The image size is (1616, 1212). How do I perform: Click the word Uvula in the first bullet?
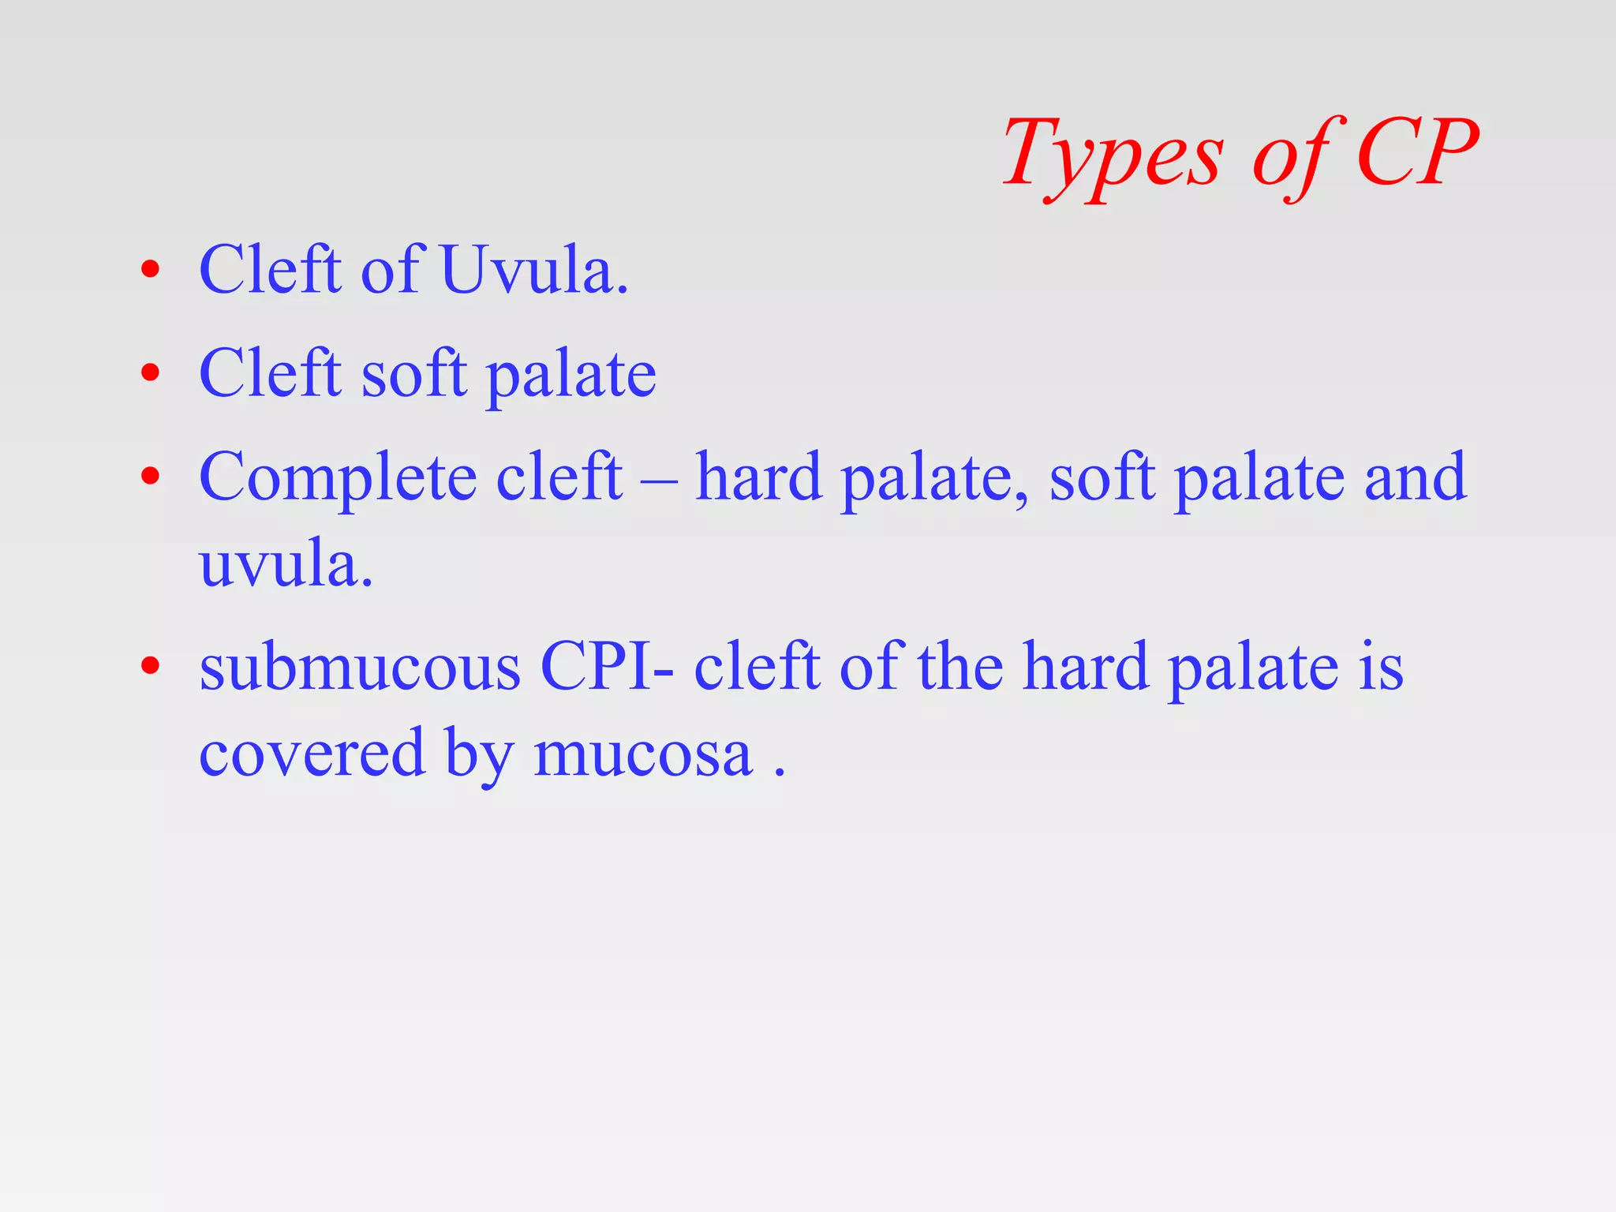pyautogui.click(x=533, y=270)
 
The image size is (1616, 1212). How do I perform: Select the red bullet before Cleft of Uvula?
pyautogui.click(x=150, y=270)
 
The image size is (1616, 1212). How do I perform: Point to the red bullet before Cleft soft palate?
pyautogui.click(x=150, y=372)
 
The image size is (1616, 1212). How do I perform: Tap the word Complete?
pyautogui.click(x=338, y=478)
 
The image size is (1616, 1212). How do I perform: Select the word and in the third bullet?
pyautogui.click(x=1416, y=477)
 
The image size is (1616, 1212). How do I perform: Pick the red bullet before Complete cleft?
pyautogui.click(x=150, y=476)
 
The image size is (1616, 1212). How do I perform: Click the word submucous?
pyautogui.click(x=360, y=668)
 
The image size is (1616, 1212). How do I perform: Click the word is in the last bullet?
pyautogui.click(x=1380, y=668)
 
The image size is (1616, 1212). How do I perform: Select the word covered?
pyautogui.click(x=311, y=754)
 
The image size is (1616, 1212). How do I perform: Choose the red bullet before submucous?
pyautogui.click(x=150, y=666)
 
